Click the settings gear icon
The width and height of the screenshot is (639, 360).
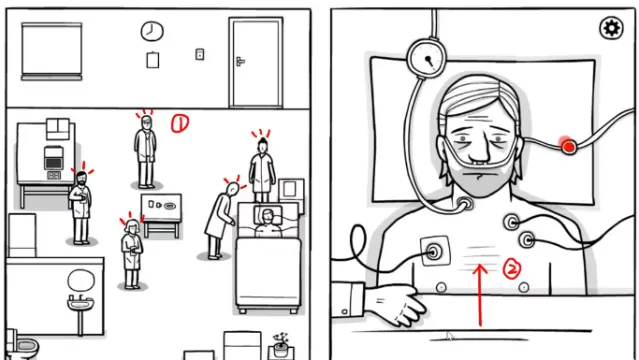click(611, 28)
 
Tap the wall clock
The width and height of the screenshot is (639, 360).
click(152, 31)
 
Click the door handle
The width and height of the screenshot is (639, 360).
click(240, 61)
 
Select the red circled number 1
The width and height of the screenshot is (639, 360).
click(180, 124)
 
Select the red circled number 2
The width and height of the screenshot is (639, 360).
click(512, 269)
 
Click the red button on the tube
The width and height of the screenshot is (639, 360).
click(568, 146)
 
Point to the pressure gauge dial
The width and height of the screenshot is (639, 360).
click(427, 58)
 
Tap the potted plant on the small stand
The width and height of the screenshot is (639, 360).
click(281, 344)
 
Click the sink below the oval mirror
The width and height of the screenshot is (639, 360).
click(80, 303)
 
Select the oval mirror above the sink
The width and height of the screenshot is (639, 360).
click(81, 280)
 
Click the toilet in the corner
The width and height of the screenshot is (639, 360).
click(22, 345)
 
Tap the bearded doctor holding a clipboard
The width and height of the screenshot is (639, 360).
click(81, 207)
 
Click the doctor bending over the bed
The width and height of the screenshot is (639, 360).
click(220, 221)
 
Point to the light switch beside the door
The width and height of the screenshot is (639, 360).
click(200, 54)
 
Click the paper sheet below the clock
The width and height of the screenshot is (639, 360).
click(152, 60)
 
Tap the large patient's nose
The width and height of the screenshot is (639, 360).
click(479, 152)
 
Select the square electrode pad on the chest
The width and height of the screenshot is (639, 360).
click(435, 251)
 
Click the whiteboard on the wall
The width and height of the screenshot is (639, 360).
click(52, 51)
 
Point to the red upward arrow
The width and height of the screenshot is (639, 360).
click(480, 295)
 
